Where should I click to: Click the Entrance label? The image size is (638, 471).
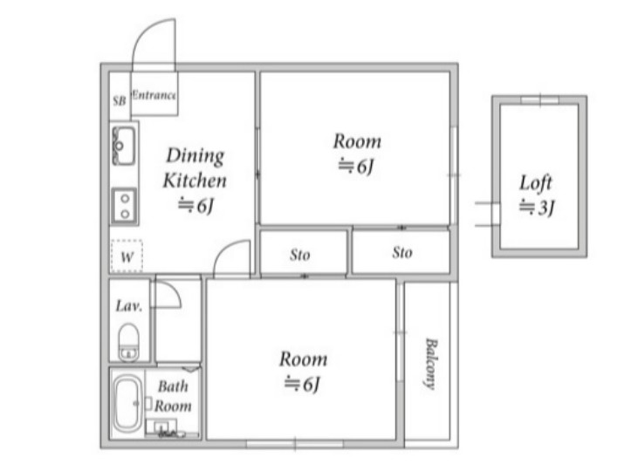pos(154,95)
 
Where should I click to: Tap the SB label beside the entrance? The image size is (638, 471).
pos(120,100)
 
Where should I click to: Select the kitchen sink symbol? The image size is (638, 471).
pos(124,145)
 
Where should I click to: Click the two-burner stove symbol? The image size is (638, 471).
pos(125,206)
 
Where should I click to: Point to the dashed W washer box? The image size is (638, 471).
pos(127,256)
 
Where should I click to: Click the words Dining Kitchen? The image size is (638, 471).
pos(195,168)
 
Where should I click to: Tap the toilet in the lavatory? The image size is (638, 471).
pos(128,342)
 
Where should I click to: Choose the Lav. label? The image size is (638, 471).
pos(129,306)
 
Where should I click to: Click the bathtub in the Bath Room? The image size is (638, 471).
pos(127,403)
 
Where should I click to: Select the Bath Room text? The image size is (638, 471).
pos(173,396)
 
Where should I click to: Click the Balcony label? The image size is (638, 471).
pos(430,363)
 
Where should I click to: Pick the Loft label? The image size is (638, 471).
pos(536,183)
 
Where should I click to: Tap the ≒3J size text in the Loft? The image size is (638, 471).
pos(536,208)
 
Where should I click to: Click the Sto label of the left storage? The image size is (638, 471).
pos(300,255)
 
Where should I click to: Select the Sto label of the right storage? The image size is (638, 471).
pos(402,253)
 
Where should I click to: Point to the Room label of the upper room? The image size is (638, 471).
pos(357,141)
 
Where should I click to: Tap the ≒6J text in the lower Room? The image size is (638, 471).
pos(302,384)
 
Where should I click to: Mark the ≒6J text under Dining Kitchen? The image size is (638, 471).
pos(196,205)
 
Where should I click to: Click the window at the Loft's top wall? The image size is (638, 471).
pos(540,100)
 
